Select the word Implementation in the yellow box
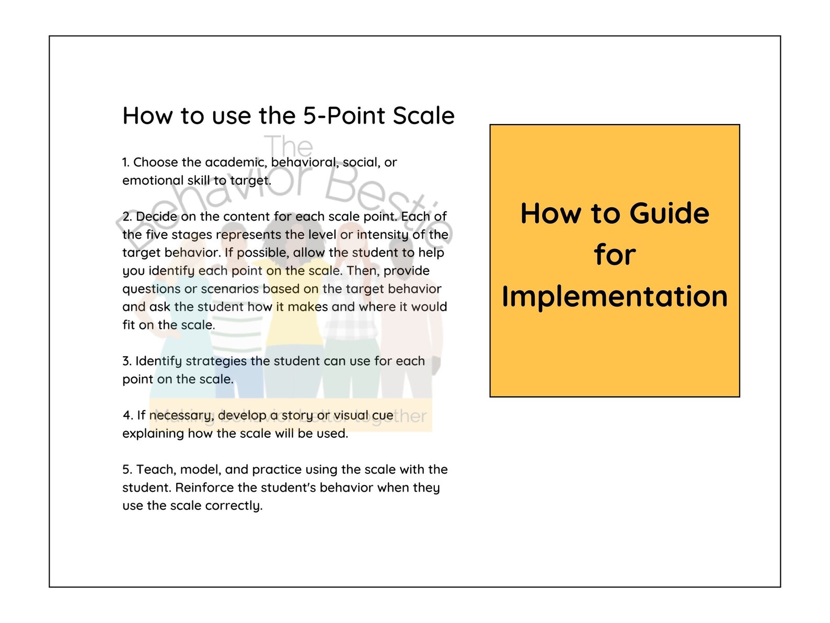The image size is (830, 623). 615,296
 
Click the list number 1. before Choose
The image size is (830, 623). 125,163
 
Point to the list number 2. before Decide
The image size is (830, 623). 127,217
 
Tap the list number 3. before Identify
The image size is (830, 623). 127,361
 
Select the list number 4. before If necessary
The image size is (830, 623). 128,415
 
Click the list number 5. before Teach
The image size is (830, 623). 128,470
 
